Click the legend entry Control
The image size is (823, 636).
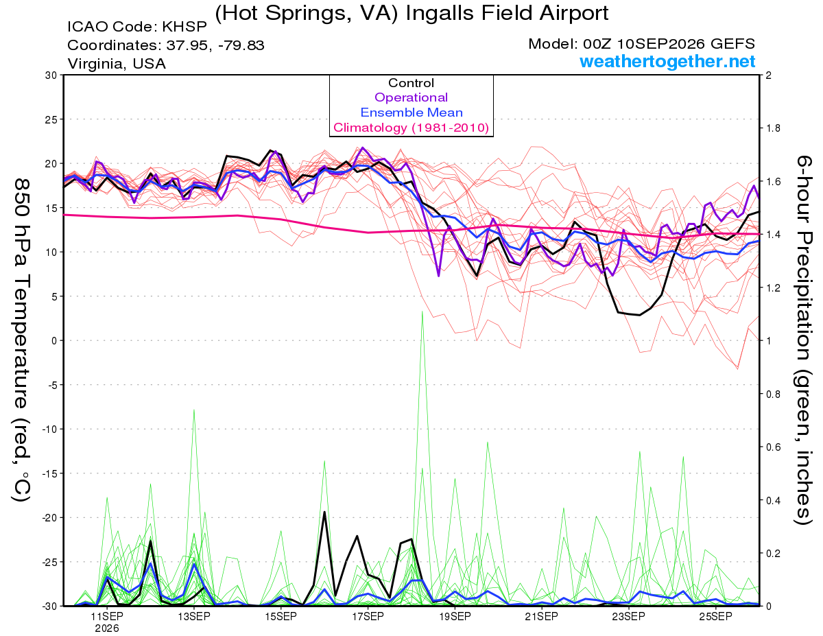411,82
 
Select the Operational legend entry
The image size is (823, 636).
411,97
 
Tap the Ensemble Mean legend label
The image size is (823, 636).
411,113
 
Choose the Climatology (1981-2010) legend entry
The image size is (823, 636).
411,128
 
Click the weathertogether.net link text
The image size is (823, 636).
667,61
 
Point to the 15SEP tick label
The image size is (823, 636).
281,616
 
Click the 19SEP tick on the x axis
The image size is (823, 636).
455,616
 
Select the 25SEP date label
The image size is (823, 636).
715,616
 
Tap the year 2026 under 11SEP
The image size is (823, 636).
107,628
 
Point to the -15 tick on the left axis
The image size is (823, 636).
49,473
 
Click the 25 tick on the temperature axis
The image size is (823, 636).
51,119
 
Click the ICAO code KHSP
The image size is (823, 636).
184,27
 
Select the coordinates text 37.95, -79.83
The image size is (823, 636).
215,45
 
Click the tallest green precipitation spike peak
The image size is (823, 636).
422,311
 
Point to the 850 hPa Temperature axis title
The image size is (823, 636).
21,340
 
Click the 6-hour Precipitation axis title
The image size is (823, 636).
803,340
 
